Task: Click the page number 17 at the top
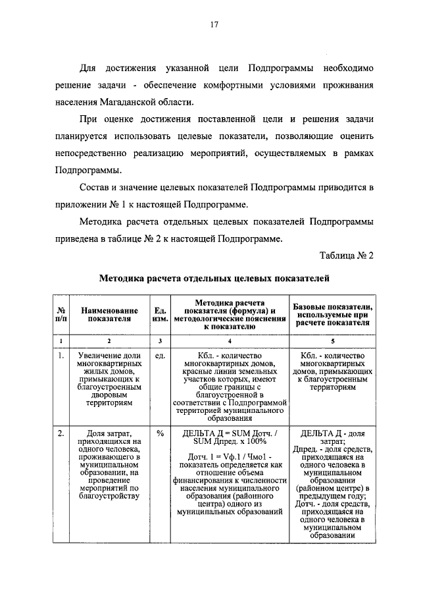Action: click(x=214, y=26)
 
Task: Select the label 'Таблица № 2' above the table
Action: click(x=347, y=256)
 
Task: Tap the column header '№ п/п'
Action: click(x=61, y=313)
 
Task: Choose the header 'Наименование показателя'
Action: click(x=109, y=313)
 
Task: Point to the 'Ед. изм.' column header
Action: click(x=159, y=313)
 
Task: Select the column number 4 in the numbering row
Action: click(x=229, y=341)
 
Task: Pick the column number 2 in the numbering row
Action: click(x=109, y=341)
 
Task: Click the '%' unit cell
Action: click(x=159, y=433)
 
